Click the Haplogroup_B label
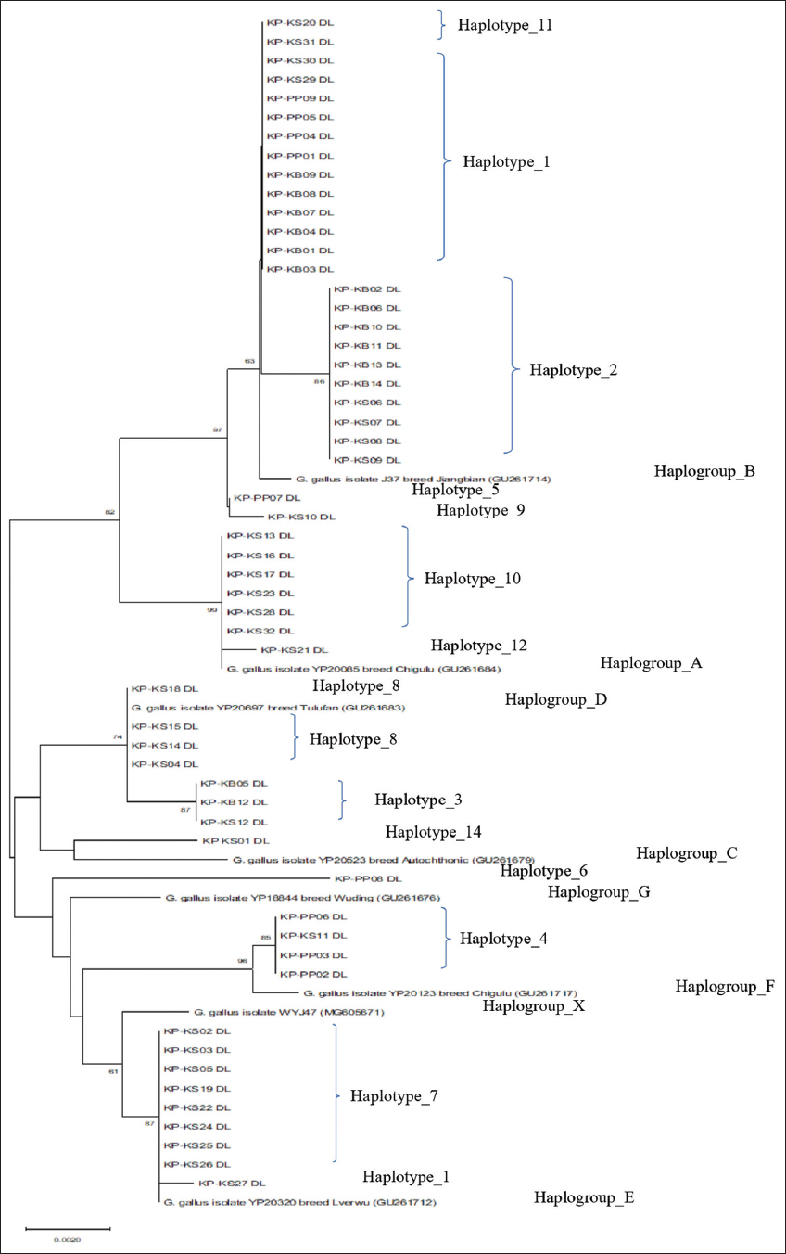pyautogui.click(x=704, y=471)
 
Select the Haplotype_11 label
pyautogui.click(x=505, y=25)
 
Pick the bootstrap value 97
pyautogui.click(x=219, y=429)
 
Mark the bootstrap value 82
pyautogui.click(x=110, y=512)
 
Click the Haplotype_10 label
pyautogui.click(x=473, y=579)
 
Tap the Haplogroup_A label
pyautogui.click(x=652, y=663)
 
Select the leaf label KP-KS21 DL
pyautogui.click(x=295, y=650)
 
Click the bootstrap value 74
pyautogui.click(x=117, y=736)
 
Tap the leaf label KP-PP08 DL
pyautogui.click(x=367, y=878)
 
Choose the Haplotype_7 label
pyautogui.click(x=393, y=1096)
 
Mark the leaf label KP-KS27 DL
pyautogui.click(x=232, y=1184)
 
